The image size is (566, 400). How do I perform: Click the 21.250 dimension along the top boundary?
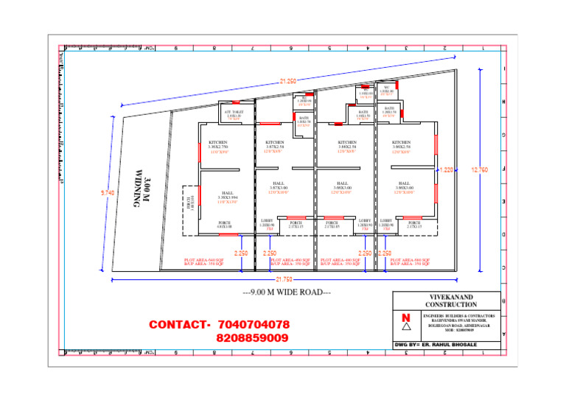(287, 81)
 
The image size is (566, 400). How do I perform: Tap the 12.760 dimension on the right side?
(479, 169)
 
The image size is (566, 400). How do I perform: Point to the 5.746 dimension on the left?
(107, 193)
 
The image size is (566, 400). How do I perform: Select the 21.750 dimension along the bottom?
(284, 279)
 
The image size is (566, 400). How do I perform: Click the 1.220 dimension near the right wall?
(447, 169)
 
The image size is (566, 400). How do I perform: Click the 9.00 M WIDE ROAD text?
(287, 292)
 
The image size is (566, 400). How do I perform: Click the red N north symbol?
(405, 318)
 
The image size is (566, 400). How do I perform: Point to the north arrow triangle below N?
(405, 329)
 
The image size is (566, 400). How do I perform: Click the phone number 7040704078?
(254, 324)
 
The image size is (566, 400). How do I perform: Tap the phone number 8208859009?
(253, 337)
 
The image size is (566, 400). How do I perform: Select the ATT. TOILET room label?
(234, 113)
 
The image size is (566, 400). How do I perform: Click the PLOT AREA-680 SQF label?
(411, 259)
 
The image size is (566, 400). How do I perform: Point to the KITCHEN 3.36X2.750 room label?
(218, 144)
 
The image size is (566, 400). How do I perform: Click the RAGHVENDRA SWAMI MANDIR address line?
(460, 319)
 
